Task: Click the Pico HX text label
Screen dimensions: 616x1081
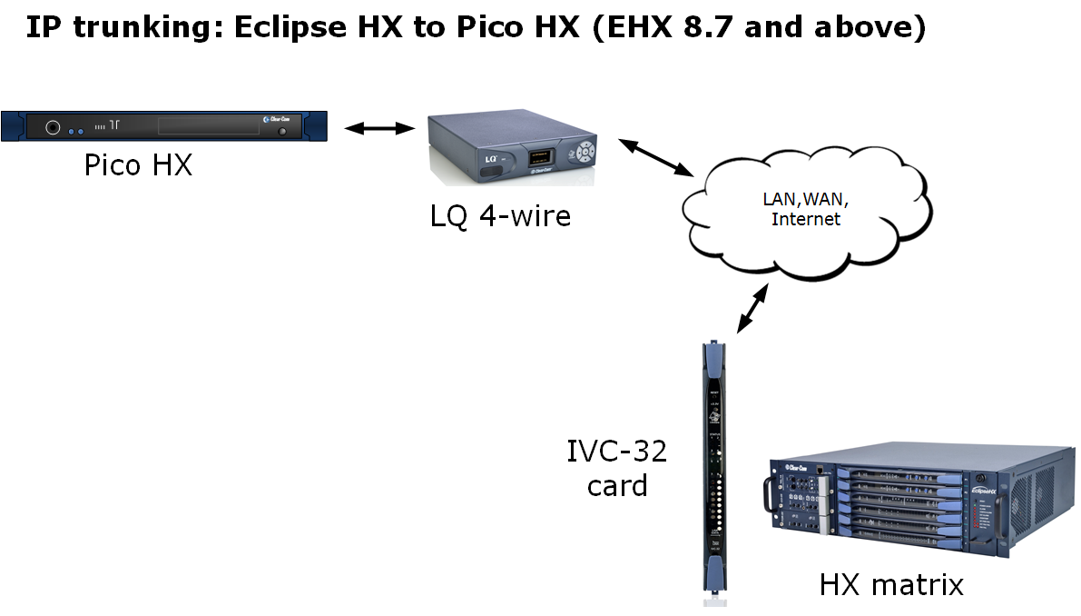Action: point(138,165)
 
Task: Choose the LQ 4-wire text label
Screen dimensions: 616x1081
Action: point(500,215)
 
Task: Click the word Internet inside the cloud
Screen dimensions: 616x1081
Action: point(805,219)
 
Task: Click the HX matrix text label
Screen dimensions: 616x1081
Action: point(890,584)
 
